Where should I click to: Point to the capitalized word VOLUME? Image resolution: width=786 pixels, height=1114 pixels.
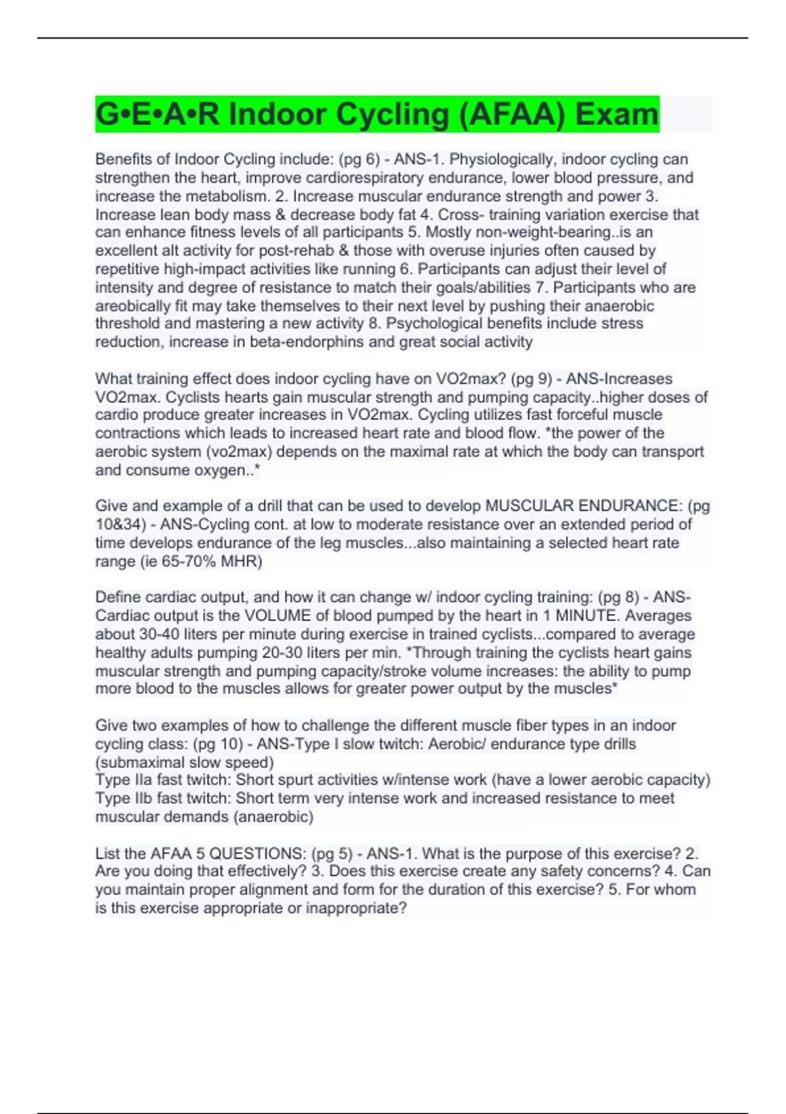click(x=277, y=615)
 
